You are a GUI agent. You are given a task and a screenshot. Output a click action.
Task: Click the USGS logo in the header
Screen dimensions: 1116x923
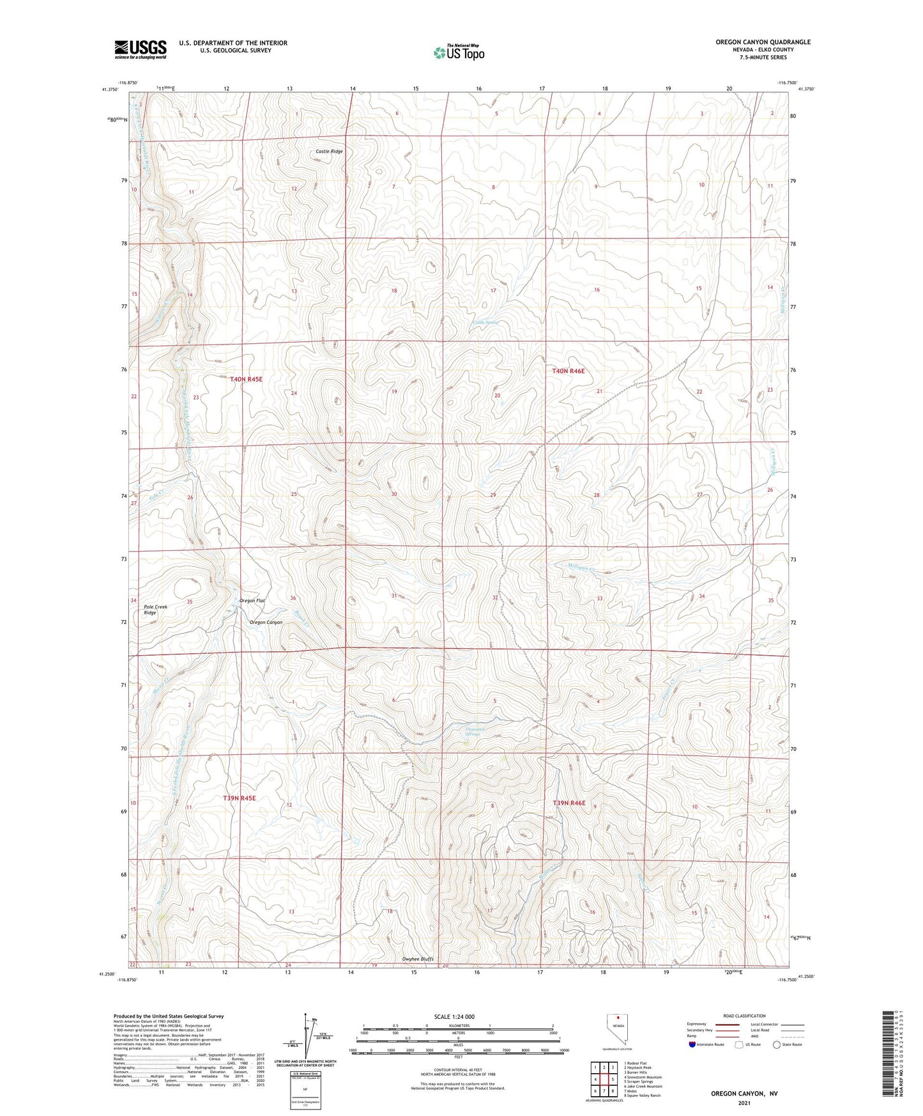pyautogui.click(x=141, y=49)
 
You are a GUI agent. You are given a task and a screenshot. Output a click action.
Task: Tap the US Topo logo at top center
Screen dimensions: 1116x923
pyautogui.click(x=458, y=52)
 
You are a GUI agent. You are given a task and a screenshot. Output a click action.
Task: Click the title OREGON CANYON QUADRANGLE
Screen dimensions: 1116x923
pyautogui.click(x=763, y=42)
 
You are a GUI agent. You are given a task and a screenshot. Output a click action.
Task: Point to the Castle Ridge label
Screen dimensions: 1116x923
pyautogui.click(x=329, y=151)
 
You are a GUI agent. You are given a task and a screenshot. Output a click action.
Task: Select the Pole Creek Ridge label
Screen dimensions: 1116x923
pyautogui.click(x=150, y=610)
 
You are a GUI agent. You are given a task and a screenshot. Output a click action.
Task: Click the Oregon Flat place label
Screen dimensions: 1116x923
pyautogui.click(x=252, y=601)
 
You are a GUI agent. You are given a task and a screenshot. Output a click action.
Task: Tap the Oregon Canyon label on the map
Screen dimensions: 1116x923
pyautogui.click(x=266, y=623)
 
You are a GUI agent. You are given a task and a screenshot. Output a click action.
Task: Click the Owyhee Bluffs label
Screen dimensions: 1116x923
pyautogui.click(x=418, y=959)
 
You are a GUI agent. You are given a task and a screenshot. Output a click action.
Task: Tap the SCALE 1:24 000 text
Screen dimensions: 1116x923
pyautogui.click(x=454, y=1017)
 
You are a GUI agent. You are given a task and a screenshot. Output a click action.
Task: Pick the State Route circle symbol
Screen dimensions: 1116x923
pyautogui.click(x=776, y=1045)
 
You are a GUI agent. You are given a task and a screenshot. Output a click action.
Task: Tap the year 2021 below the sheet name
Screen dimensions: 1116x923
pyautogui.click(x=744, y=1103)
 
